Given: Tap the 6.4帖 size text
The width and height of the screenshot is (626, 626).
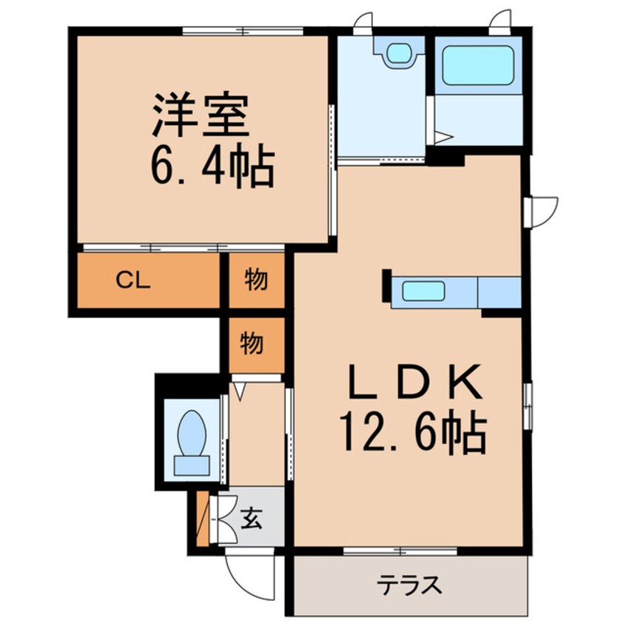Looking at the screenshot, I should [x=213, y=168].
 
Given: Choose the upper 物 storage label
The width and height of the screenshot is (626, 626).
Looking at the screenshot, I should [x=255, y=280].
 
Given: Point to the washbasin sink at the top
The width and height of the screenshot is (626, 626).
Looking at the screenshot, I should [x=399, y=52].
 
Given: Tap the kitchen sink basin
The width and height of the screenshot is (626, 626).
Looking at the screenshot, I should [x=423, y=291].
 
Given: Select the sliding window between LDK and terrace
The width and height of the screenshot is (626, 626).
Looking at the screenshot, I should [x=400, y=551].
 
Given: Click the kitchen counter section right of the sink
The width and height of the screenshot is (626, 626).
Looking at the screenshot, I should [x=499, y=291].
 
